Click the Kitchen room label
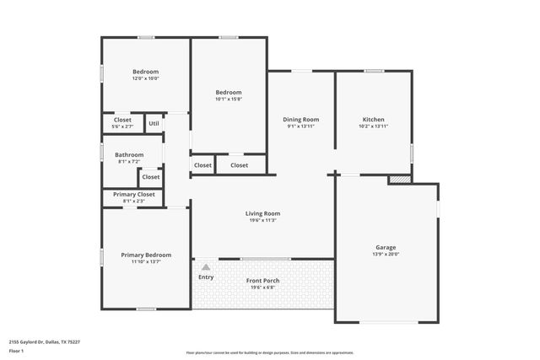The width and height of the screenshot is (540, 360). (374, 120)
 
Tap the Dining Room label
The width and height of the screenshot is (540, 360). (300, 120)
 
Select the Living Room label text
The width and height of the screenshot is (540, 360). (262, 213)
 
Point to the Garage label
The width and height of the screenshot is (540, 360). (386, 247)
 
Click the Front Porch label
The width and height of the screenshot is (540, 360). (262, 280)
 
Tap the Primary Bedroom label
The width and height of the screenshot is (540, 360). (145, 255)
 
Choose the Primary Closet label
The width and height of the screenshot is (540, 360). (133, 195)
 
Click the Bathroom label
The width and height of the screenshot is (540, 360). (129, 154)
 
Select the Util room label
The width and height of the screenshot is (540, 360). (154, 124)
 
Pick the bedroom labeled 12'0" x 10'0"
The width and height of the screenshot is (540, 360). (145, 79)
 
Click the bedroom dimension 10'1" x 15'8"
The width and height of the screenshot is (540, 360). (228, 99)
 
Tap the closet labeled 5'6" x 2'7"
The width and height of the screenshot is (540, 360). (122, 127)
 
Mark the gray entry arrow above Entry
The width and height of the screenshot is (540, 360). (205, 266)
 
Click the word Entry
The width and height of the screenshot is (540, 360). (206, 277)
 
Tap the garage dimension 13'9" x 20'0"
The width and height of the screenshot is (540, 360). (386, 254)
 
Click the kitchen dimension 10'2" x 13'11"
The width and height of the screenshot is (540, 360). (374, 126)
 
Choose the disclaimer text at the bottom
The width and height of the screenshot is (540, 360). (270, 352)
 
